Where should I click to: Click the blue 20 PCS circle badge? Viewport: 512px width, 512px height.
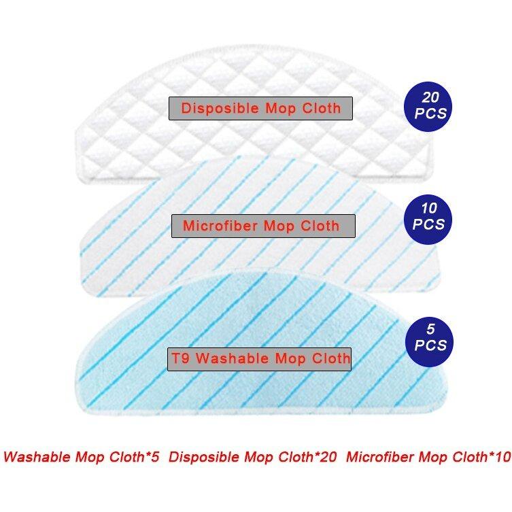[x=428, y=107]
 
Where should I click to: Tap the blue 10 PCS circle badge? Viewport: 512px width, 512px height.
[x=428, y=219]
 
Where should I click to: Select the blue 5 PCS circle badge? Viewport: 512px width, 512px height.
[x=430, y=341]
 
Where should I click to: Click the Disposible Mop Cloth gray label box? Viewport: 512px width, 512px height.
[x=260, y=108]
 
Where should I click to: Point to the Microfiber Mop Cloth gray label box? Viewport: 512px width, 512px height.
[x=263, y=226]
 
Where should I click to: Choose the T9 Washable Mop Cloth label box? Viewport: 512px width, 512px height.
[x=259, y=359]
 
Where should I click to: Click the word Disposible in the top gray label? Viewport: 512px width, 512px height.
[x=220, y=108]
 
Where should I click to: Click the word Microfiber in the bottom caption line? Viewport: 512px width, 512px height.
[x=379, y=456]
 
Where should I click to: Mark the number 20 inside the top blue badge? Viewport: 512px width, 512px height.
[x=430, y=97]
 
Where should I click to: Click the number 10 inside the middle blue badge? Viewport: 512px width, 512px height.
[x=429, y=208]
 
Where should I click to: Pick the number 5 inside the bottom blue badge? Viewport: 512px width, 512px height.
[x=430, y=329]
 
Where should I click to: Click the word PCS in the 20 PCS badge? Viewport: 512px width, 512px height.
[x=430, y=114]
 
